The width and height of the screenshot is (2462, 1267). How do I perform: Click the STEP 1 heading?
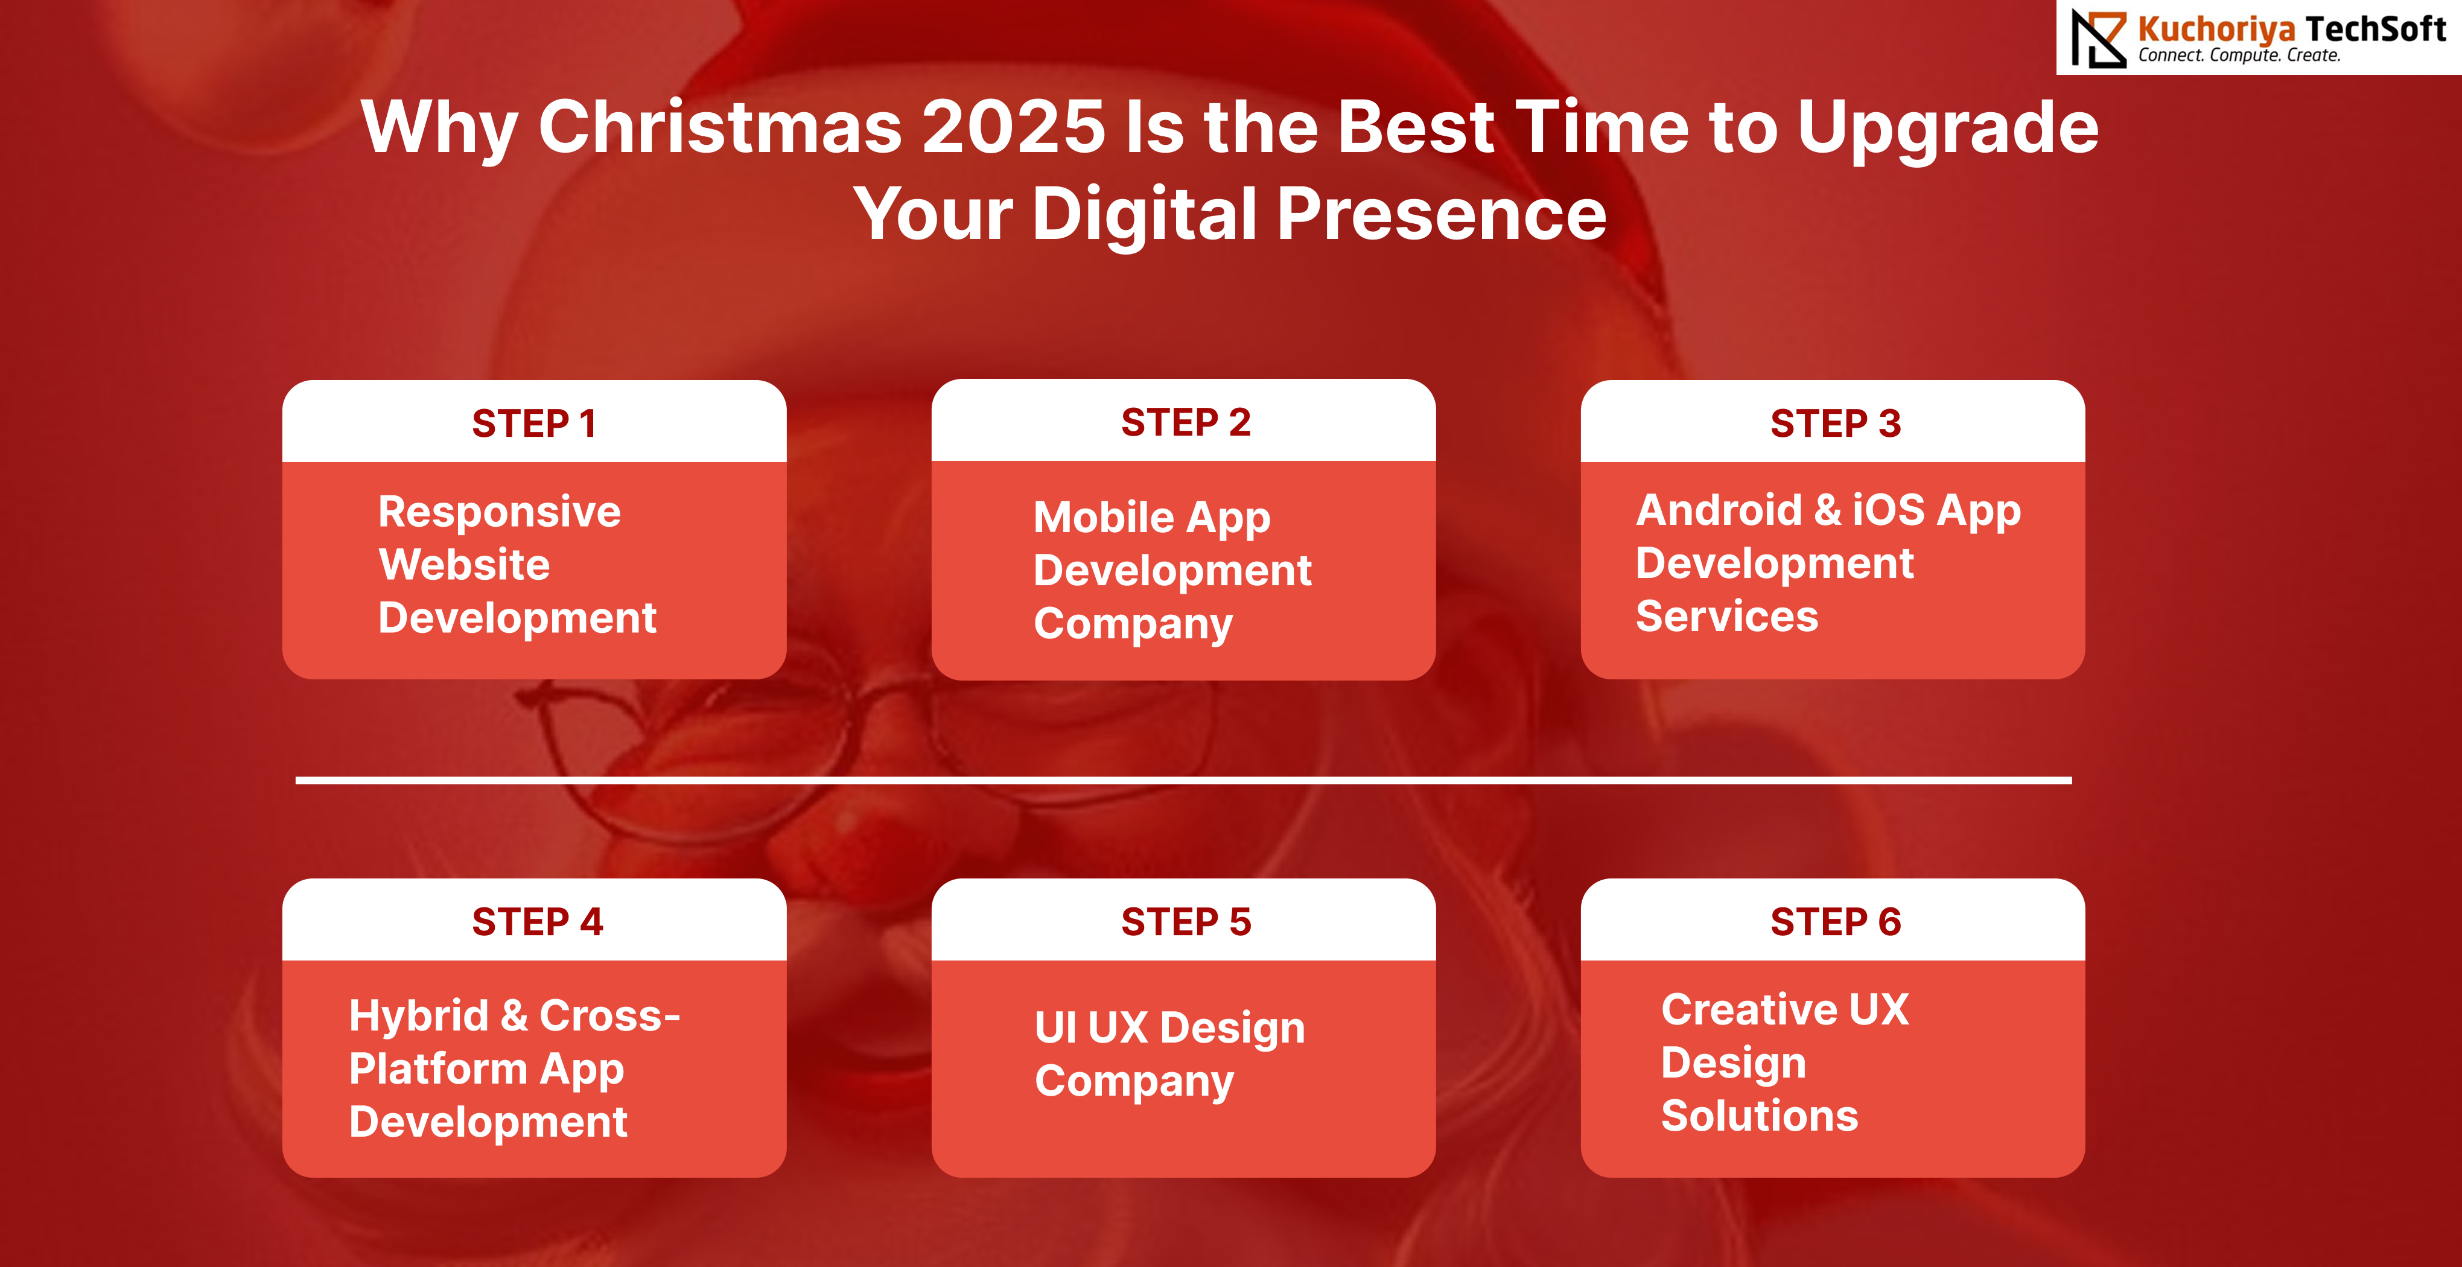[534, 424]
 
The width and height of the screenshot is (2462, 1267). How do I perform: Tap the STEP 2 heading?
[1185, 422]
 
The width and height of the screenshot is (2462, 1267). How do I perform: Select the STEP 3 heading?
[1835, 424]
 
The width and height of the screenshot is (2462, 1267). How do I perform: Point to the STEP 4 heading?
[537, 922]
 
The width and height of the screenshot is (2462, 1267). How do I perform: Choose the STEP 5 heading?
[1185, 922]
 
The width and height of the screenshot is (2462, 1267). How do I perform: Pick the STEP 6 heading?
[1835, 922]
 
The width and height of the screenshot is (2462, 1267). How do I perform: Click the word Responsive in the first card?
[499, 513]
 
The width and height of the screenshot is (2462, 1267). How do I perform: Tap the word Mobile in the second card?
[1104, 517]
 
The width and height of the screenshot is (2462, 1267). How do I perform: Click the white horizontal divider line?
[1183, 781]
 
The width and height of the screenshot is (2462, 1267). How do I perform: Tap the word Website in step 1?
[465, 565]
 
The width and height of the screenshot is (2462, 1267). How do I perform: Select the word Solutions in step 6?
[1760, 1116]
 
